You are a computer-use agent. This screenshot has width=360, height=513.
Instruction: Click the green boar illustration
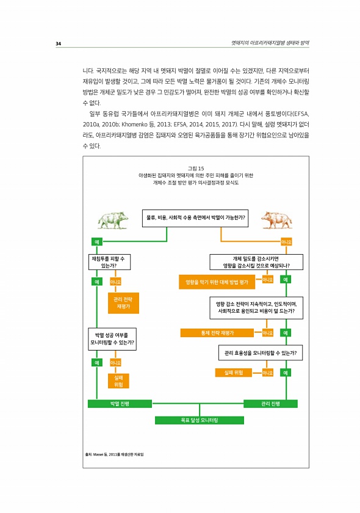pos(112,220)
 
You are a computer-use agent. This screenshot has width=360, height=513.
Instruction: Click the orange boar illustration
pos(276,220)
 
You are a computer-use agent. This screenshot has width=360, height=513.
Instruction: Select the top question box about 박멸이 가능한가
pos(195,218)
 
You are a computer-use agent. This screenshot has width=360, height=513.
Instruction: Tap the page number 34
pos(58,43)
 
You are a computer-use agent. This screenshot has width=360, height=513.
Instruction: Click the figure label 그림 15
pos(196,169)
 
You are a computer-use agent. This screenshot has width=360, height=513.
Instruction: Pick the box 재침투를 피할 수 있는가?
pos(110,262)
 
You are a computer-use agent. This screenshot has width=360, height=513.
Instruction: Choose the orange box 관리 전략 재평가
pos(123,303)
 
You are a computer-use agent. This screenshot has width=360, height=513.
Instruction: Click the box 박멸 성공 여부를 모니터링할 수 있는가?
pos(112,339)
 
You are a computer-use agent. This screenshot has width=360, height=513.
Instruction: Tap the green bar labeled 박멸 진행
pos(120,404)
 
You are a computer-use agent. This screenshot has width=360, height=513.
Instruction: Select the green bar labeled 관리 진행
pos(270,404)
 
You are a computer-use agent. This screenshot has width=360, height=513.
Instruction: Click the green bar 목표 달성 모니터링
pos(200,420)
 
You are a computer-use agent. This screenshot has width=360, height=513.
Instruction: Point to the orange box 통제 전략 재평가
pos(217,333)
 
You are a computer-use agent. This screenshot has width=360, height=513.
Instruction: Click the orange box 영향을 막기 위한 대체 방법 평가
pos(217,282)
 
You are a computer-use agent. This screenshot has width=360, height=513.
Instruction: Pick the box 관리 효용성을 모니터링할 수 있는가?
pos(261,353)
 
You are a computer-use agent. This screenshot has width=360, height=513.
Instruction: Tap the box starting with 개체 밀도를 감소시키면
pos(256,262)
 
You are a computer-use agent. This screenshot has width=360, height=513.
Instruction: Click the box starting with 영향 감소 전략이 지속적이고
pos(256,308)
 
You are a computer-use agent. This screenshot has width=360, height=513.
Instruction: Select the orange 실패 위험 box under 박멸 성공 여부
pos(118,381)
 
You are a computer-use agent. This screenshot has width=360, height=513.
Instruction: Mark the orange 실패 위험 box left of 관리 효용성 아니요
pos(234,373)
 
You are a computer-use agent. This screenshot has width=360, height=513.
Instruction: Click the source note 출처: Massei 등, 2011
pos(114,454)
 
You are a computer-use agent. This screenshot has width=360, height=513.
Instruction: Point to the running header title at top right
pos(270,43)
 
